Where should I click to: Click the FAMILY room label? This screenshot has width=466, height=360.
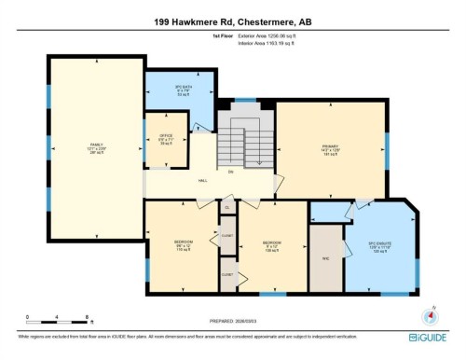pyautogui.click(x=96, y=147)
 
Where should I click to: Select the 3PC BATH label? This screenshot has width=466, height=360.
pyautogui.click(x=170, y=91)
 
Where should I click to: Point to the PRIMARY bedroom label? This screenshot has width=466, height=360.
pyautogui.click(x=329, y=148)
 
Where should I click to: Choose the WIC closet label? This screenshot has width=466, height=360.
pyautogui.click(x=326, y=258)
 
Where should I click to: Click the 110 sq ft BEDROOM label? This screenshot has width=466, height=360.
pyautogui.click(x=184, y=247)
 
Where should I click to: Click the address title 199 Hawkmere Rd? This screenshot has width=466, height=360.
pyautogui.click(x=233, y=20)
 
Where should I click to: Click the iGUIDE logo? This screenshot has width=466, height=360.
pyautogui.click(x=430, y=337)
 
